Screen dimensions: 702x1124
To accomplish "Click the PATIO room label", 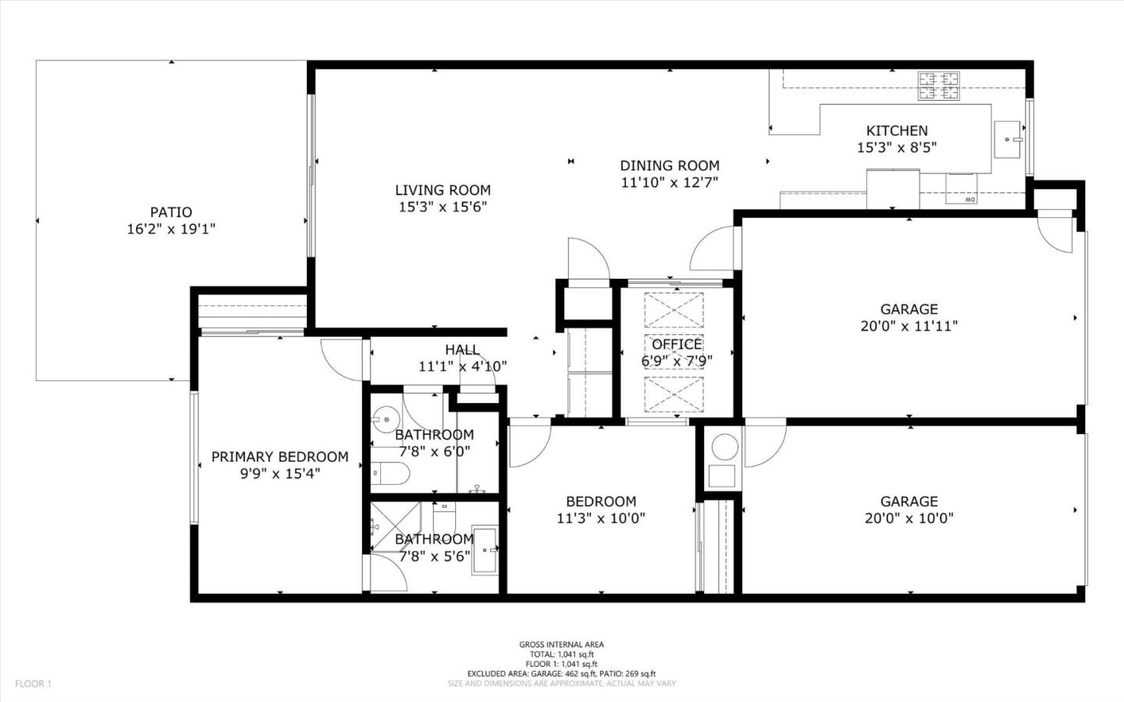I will tap(170, 212).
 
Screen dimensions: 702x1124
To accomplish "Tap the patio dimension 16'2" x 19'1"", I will tap(170, 229).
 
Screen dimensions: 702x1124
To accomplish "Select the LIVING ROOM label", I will tap(443, 190).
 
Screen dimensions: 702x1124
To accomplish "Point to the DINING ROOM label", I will tap(669, 166).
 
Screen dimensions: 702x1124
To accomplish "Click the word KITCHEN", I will tap(897, 130).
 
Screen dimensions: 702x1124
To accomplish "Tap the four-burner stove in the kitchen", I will tap(938, 86).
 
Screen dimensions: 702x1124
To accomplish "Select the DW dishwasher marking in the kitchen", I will tap(969, 200).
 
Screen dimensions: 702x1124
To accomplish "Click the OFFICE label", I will tap(677, 344).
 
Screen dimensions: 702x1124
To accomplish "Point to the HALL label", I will tap(462, 350).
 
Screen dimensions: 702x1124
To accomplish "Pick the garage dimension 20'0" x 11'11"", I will tap(909, 326).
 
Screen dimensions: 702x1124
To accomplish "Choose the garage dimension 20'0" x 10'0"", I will tap(909, 518).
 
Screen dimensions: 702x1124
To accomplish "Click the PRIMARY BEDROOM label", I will tap(279, 457).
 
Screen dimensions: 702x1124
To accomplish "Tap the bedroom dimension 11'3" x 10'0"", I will tap(600, 518).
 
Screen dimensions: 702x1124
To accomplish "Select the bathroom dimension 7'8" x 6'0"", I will tap(435, 451).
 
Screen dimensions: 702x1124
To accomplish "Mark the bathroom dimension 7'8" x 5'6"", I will tap(435, 556).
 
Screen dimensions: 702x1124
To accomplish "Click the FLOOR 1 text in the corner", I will tap(33, 684).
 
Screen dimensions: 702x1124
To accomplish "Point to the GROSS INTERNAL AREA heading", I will tap(561, 644).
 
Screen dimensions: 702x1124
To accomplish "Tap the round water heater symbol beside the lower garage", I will tap(724, 446).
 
